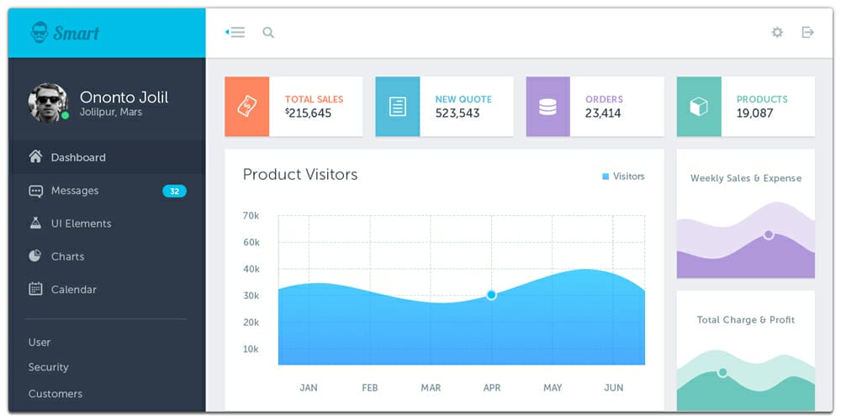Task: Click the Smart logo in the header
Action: [65, 33]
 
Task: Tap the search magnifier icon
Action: [268, 33]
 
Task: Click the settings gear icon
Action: [777, 33]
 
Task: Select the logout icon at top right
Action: [807, 33]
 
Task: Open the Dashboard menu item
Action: [77, 157]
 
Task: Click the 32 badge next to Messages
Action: [174, 192]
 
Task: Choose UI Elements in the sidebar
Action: [81, 223]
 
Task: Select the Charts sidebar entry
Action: [67, 256]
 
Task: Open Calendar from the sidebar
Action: [73, 290]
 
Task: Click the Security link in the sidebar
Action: [48, 367]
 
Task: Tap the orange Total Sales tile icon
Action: [247, 107]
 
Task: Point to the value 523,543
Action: [458, 113]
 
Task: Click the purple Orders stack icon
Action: [547, 107]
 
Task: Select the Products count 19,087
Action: [754, 113]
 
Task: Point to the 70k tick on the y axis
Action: [251, 216]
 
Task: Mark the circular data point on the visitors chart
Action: [491, 295]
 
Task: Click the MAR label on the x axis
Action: [431, 388]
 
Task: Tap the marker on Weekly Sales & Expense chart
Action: [768, 235]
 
